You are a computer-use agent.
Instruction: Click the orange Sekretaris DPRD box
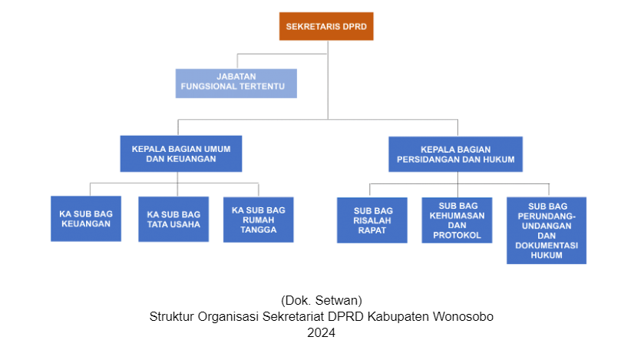click(326, 26)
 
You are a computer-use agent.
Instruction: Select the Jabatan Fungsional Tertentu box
click(236, 84)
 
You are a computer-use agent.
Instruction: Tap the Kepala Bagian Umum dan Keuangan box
click(181, 154)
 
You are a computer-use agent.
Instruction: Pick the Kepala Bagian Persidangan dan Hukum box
click(456, 154)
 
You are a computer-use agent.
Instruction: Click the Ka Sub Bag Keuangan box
click(86, 219)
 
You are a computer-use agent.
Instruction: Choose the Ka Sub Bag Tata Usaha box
click(174, 220)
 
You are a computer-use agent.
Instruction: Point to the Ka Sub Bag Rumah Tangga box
click(259, 220)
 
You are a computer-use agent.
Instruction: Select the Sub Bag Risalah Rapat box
click(372, 220)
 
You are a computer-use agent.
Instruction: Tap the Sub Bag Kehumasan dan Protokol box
click(457, 220)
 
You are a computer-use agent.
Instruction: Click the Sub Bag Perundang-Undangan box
click(546, 230)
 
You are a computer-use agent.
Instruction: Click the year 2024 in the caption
click(322, 332)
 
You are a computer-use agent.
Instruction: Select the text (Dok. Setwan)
click(322, 301)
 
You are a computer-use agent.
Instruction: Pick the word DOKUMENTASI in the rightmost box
click(546, 246)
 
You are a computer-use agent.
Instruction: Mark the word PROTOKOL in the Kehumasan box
click(457, 236)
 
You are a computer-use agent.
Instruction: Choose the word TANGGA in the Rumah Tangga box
click(259, 230)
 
